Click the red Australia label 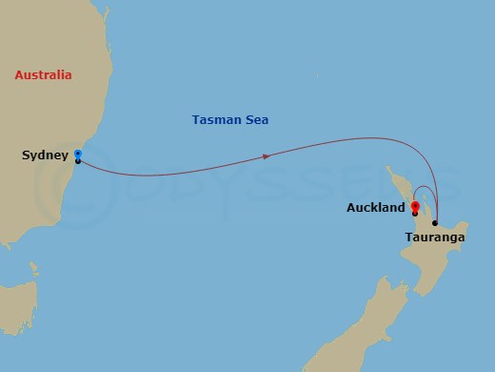(x=44, y=74)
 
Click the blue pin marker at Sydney (x=77, y=153)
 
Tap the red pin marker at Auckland (x=415, y=204)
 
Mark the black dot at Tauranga (x=435, y=223)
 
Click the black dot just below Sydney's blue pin (x=77, y=160)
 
